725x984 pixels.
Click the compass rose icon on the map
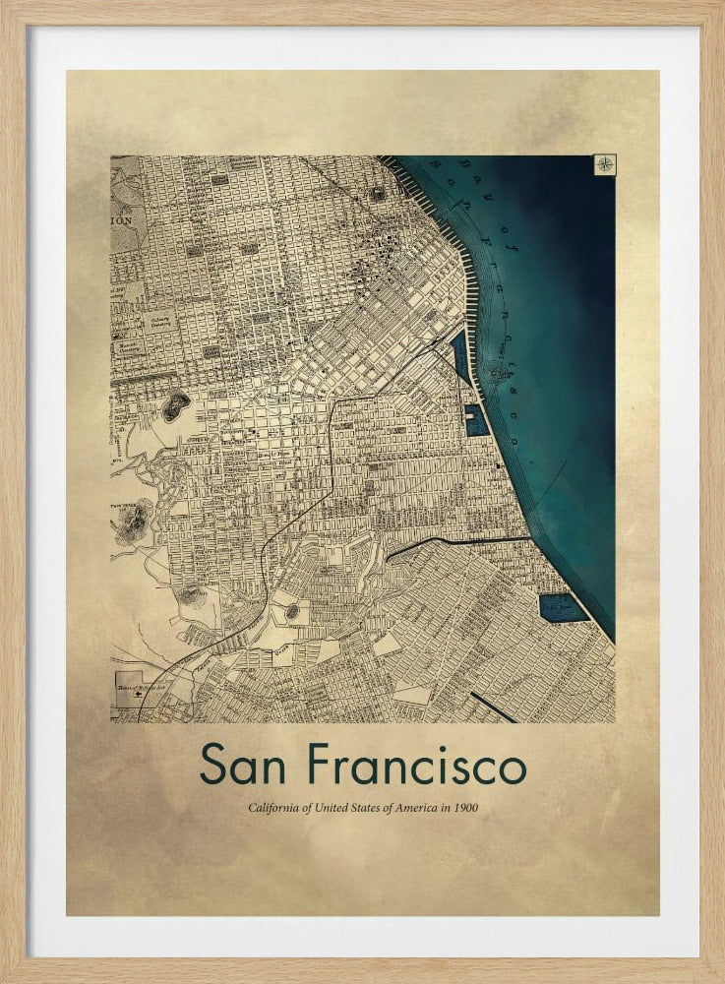pyautogui.click(x=605, y=164)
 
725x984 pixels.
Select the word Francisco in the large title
pyautogui.click(x=416, y=766)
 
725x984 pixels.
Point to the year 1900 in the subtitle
pyautogui.click(x=465, y=808)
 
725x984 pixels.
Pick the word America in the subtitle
pyautogui.click(x=416, y=808)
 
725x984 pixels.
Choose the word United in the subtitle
pyautogui.click(x=331, y=808)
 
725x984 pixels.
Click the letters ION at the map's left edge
pyautogui.click(x=121, y=221)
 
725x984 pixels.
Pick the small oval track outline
pyautogui.click(x=292, y=612)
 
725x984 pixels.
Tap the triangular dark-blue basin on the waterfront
pyautogui.click(x=460, y=355)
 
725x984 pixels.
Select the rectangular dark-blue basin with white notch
pyautogui.click(x=476, y=420)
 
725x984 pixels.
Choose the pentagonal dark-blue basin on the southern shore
pyautogui.click(x=561, y=607)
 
